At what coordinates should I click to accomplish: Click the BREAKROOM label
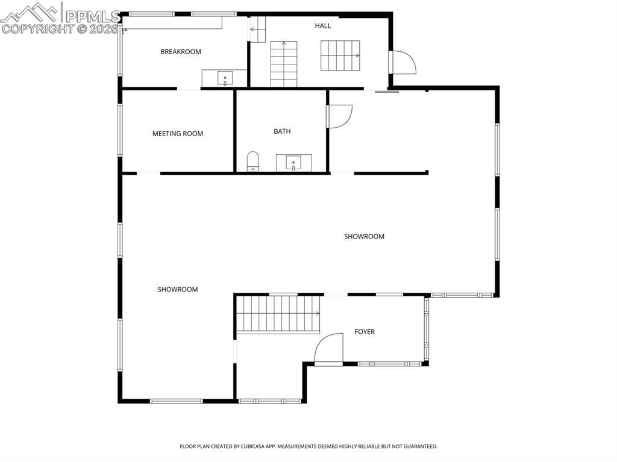(x=180, y=52)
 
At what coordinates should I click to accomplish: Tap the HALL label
(x=322, y=26)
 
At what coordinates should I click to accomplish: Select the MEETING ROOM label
(x=177, y=134)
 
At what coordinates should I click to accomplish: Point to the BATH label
(x=282, y=131)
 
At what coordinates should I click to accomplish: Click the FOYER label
(x=364, y=332)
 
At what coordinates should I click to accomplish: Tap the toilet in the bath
(x=252, y=161)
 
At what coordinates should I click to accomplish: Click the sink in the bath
(x=293, y=162)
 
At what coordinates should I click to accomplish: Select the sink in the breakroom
(x=224, y=78)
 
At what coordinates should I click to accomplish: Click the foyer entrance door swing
(x=330, y=350)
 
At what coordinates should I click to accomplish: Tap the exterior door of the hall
(x=402, y=62)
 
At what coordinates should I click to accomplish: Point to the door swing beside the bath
(x=339, y=116)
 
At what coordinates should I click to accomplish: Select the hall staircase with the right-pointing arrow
(x=340, y=56)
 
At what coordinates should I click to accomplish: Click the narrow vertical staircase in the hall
(x=284, y=64)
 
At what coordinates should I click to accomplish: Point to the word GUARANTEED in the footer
(x=416, y=446)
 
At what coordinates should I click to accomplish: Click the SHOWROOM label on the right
(x=364, y=237)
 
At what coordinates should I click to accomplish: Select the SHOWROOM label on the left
(x=178, y=290)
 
